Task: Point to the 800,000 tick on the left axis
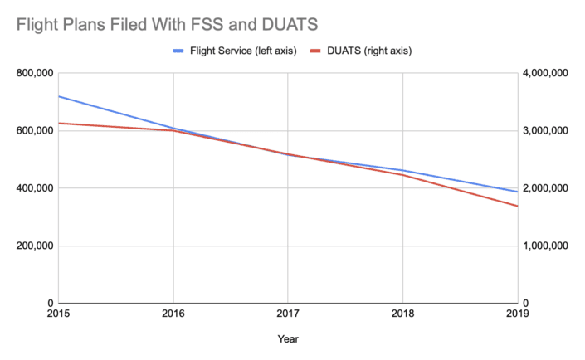(34, 73)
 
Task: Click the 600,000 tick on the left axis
(34, 130)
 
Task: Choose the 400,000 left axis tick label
(34, 188)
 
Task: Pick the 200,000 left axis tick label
(34, 246)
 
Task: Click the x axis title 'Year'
(288, 339)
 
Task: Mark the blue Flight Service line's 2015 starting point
(58, 96)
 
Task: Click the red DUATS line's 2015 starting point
(58, 123)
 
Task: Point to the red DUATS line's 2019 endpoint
(517, 206)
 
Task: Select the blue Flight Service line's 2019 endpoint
(517, 192)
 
